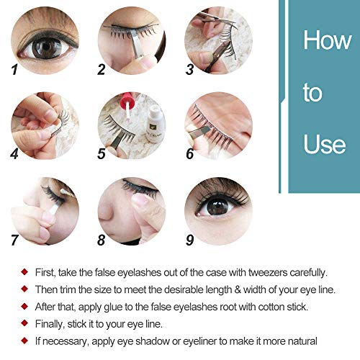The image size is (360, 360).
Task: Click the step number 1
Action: (x=14, y=69)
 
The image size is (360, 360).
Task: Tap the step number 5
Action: (x=102, y=153)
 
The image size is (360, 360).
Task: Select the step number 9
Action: (x=189, y=240)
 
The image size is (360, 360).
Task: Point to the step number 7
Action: (x=14, y=240)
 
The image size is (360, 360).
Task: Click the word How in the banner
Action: (x=327, y=40)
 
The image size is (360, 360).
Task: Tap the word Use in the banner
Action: (x=325, y=143)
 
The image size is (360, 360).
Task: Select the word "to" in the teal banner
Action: (x=312, y=92)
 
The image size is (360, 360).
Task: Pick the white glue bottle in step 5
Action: (x=156, y=124)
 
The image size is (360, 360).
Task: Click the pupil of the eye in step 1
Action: (x=46, y=48)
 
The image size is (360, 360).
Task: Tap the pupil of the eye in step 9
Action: (x=217, y=206)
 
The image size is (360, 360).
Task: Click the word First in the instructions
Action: (x=45, y=272)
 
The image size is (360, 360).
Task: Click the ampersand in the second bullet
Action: (x=238, y=289)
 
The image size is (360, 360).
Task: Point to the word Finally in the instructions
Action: (x=50, y=324)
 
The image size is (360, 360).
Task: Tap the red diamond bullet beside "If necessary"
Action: (x=24, y=341)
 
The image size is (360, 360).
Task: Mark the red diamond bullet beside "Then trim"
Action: (x=24, y=289)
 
